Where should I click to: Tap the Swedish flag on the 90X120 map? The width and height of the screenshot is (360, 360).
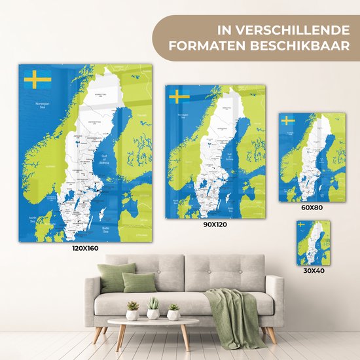coord(179,98)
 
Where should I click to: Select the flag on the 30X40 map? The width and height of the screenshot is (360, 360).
coord(301,225)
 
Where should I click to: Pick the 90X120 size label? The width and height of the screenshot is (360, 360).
coord(215,224)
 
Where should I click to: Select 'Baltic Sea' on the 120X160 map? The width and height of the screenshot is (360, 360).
coord(107,228)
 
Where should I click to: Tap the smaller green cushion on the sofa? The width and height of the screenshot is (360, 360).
coord(139,282)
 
